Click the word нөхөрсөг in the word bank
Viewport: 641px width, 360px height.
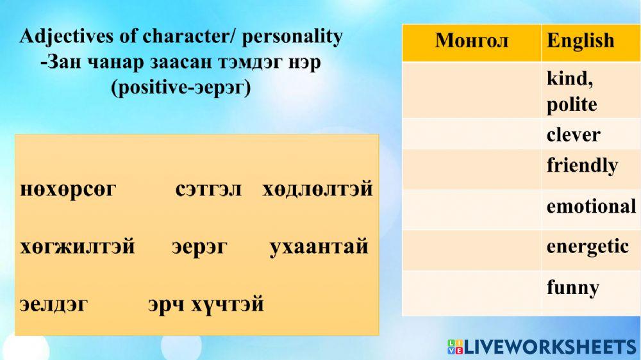(x=68, y=190)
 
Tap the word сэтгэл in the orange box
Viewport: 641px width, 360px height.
(x=208, y=190)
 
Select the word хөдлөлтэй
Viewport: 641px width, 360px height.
(x=317, y=190)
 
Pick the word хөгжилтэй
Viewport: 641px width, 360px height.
(x=78, y=247)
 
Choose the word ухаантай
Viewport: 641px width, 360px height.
(x=319, y=247)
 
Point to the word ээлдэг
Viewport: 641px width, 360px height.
(x=54, y=304)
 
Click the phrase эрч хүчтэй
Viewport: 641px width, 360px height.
(x=206, y=304)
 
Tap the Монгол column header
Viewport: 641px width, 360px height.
(x=471, y=41)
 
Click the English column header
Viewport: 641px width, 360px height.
(x=580, y=41)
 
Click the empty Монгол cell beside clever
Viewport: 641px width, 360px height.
(x=471, y=134)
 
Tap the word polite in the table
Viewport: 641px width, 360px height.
(x=571, y=104)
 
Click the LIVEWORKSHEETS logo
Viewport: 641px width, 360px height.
(x=542, y=347)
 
